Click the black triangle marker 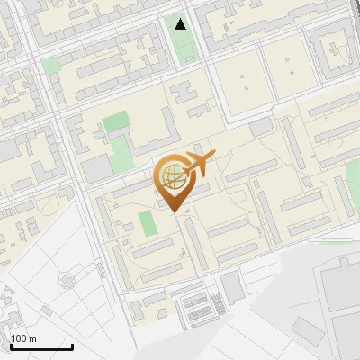pos(181,23)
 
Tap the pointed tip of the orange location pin pos(173,212)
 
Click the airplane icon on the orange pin pos(200,164)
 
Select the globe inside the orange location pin pos(171,176)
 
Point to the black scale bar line pos(41,346)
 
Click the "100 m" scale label pos(23,338)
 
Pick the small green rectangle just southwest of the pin pos(146,222)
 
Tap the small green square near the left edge pos(50,66)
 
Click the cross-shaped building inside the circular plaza pos(67,281)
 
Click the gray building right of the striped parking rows pos(232,287)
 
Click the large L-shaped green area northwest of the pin pos(117,135)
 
